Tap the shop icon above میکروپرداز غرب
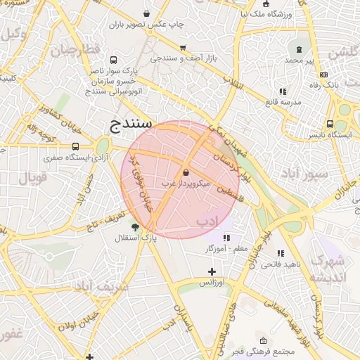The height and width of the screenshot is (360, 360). (x=186, y=172)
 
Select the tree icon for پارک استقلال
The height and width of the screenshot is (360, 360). (x=135, y=227)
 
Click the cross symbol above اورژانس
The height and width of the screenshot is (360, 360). (x=212, y=271)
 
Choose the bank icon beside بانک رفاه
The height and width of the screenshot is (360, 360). (x=323, y=75)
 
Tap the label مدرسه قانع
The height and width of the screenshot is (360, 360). (x=282, y=102)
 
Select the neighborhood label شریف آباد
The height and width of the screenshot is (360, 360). (x=102, y=286)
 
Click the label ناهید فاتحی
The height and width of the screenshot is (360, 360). (x=279, y=264)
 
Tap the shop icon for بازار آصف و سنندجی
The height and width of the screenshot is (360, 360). (x=183, y=48)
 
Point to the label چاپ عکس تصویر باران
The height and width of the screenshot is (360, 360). (x=146, y=25)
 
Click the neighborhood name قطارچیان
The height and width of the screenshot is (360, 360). (x=75, y=49)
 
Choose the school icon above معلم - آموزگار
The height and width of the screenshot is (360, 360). (x=226, y=238)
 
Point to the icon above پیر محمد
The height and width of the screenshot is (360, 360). (x=300, y=50)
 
